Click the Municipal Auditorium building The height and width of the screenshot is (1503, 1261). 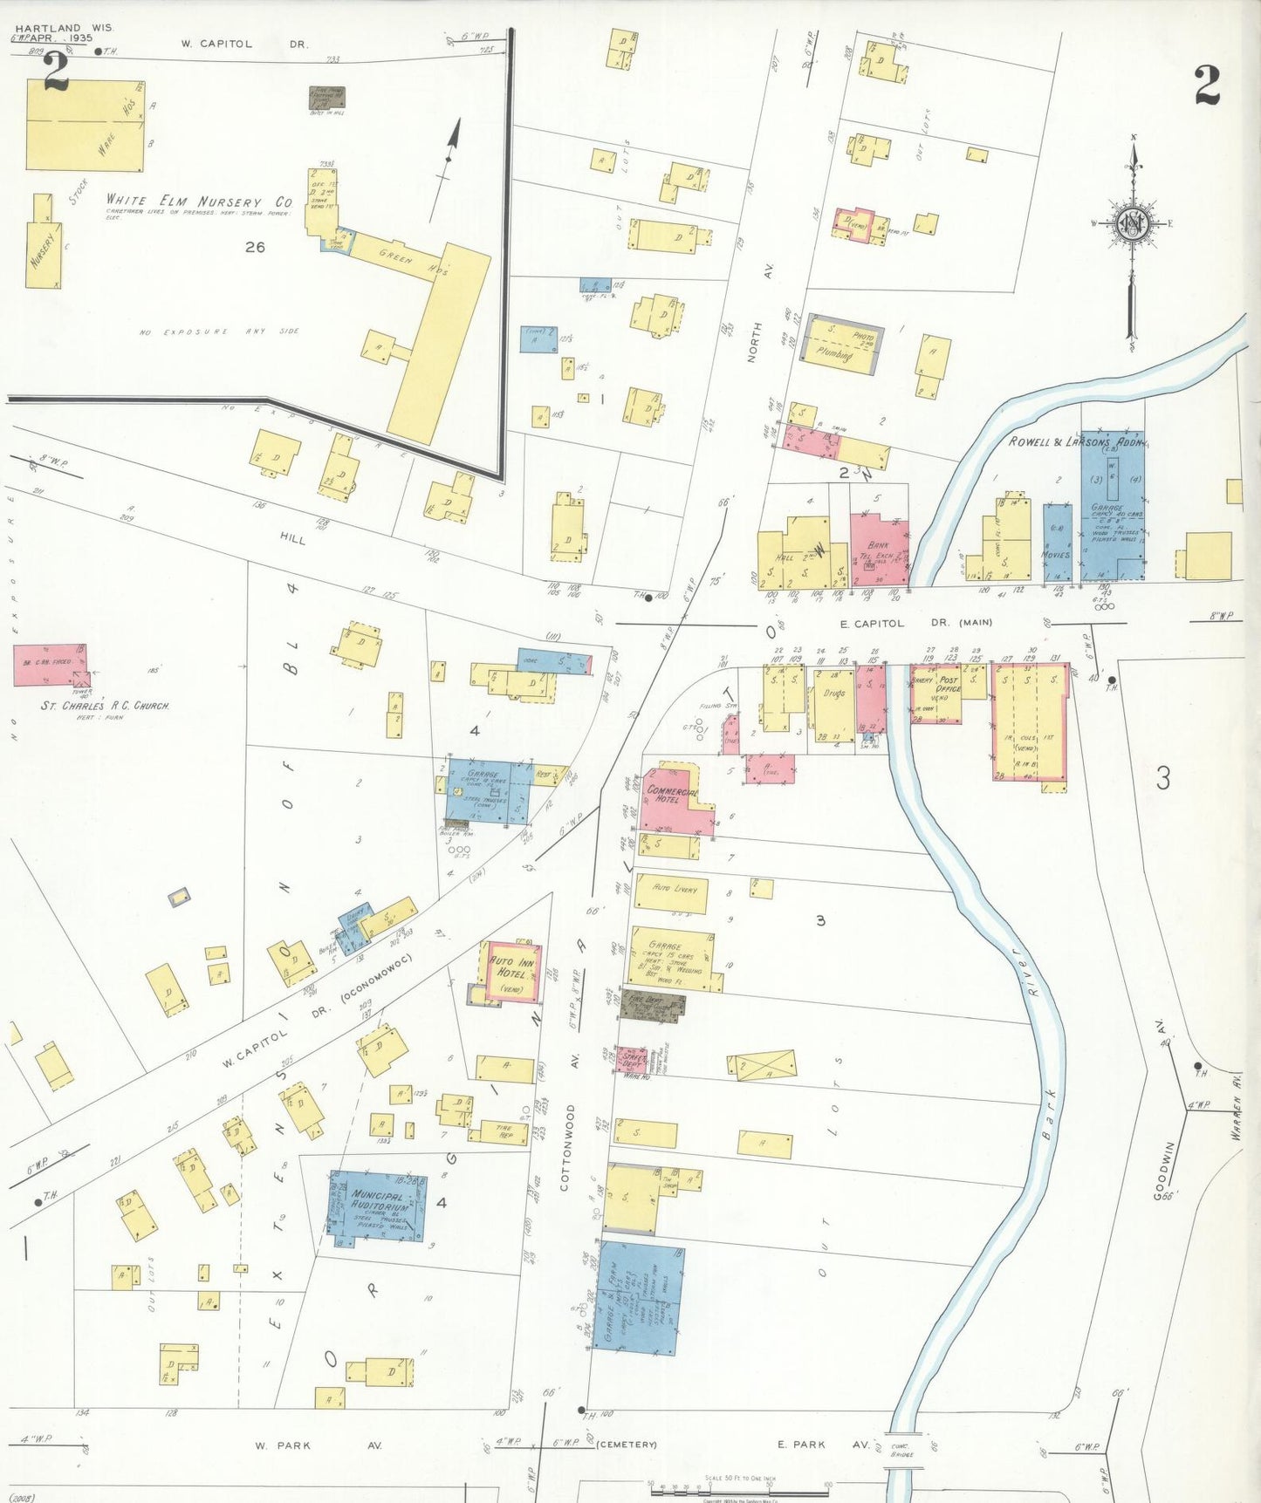(x=379, y=1206)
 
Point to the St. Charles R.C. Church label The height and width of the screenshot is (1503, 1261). (x=105, y=705)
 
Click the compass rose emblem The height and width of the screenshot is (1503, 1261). (x=1132, y=224)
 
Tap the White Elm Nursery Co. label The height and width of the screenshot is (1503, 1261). (x=199, y=201)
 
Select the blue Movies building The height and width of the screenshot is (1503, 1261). (x=1057, y=543)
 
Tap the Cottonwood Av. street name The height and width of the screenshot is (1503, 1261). (x=568, y=1146)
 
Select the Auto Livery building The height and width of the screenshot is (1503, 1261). (x=670, y=893)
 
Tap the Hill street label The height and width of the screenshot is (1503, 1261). (x=293, y=539)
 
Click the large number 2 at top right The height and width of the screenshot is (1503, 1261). (x=1206, y=85)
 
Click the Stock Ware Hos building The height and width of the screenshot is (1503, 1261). (x=85, y=125)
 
